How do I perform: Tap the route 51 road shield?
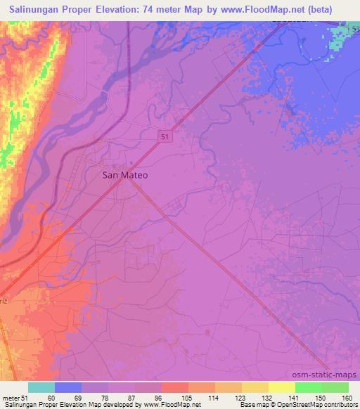click(163, 136)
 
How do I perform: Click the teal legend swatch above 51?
click(41, 387)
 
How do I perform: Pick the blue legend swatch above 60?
click(68, 387)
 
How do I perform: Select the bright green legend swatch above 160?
click(335, 387)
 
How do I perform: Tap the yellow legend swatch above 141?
click(281, 387)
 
